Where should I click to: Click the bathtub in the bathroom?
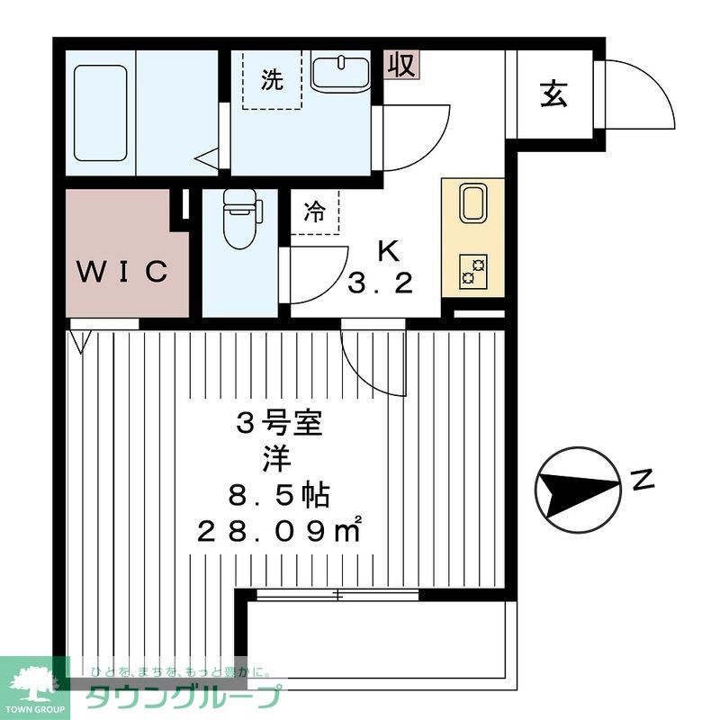click(x=100, y=113)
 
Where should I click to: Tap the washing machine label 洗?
click(x=272, y=80)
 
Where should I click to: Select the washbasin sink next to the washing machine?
click(x=340, y=72)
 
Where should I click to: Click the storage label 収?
click(x=401, y=65)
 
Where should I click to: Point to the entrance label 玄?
click(x=553, y=94)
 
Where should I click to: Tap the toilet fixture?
click(x=240, y=219)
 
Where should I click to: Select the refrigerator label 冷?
click(x=315, y=211)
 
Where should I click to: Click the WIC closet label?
click(x=122, y=272)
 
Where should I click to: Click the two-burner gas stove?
click(x=473, y=272)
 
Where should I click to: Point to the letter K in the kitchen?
click(x=389, y=251)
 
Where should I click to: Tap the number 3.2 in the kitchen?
click(x=381, y=283)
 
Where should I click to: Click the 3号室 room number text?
click(x=279, y=423)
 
